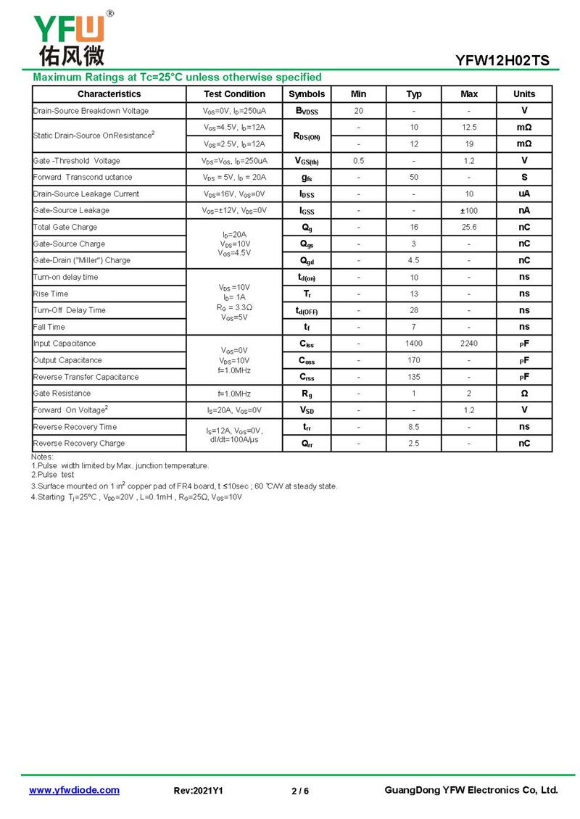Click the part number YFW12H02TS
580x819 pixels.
[x=502, y=61]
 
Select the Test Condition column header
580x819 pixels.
[x=234, y=94]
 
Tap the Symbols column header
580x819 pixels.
[x=307, y=94]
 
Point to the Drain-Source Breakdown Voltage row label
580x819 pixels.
[x=91, y=111]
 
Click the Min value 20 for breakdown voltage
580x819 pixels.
[x=358, y=111]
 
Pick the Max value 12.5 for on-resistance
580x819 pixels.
[x=469, y=128]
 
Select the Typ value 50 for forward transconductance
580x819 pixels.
[x=413, y=178]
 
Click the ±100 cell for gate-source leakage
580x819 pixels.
[x=469, y=211]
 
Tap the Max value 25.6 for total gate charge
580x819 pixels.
[x=469, y=228]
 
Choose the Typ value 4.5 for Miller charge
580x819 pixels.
[x=413, y=261]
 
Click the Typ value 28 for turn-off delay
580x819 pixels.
[x=413, y=310]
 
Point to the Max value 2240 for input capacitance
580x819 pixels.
[x=469, y=344]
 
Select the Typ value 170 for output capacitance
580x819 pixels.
[x=413, y=360]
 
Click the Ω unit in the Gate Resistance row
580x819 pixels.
[x=524, y=394]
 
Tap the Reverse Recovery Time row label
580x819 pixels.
[x=75, y=427]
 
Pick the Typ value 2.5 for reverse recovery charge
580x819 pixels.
[x=413, y=444]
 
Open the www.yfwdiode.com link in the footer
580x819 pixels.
[x=74, y=790]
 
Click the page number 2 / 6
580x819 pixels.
[x=300, y=791]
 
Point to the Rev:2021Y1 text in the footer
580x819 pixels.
[x=199, y=791]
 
